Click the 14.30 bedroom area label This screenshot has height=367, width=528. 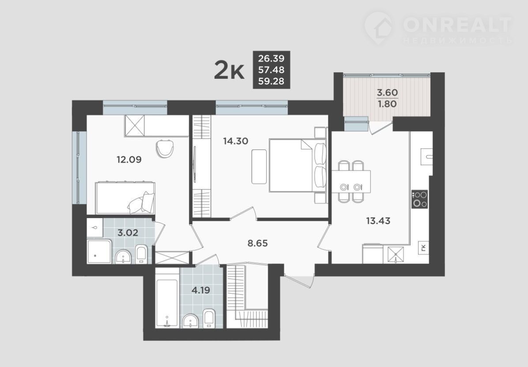coord(236,141)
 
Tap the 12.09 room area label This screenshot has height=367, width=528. coord(129,159)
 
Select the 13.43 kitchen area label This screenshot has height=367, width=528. coord(378,221)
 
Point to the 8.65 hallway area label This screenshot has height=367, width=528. coord(258,243)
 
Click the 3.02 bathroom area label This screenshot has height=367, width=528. coord(128,232)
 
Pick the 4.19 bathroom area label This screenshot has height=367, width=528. coord(201,290)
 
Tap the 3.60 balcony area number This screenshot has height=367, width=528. coord(387,93)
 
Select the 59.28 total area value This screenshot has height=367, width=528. coord(271,81)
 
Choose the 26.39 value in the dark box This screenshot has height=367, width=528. coord(271,59)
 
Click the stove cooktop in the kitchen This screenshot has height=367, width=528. coord(419,199)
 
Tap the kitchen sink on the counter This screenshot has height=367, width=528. coord(426,156)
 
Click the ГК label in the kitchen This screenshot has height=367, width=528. coord(423,248)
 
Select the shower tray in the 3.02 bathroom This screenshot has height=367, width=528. coord(98,252)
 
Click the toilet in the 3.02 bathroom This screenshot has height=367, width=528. coord(141,254)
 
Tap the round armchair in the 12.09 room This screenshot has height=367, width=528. coord(166,148)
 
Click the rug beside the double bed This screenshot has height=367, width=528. coord(259,167)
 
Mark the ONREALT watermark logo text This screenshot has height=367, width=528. coord(457,24)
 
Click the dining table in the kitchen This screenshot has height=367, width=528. coord(351,182)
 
